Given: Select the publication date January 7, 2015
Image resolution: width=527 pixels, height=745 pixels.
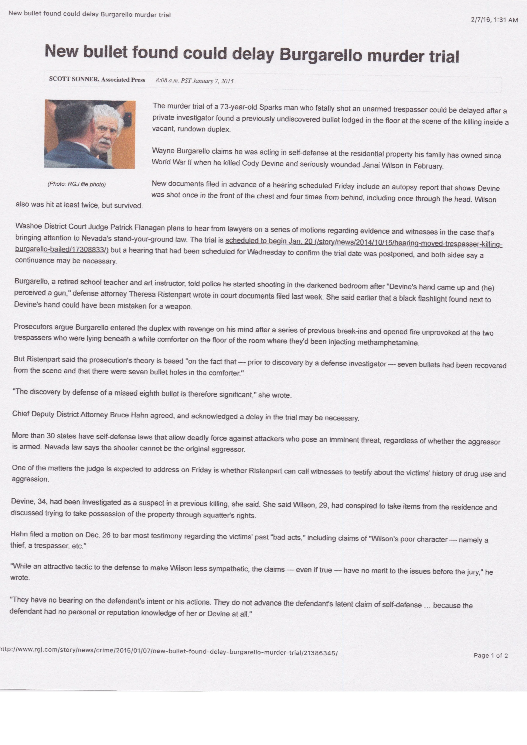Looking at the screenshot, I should pyautogui.click(x=213, y=81).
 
